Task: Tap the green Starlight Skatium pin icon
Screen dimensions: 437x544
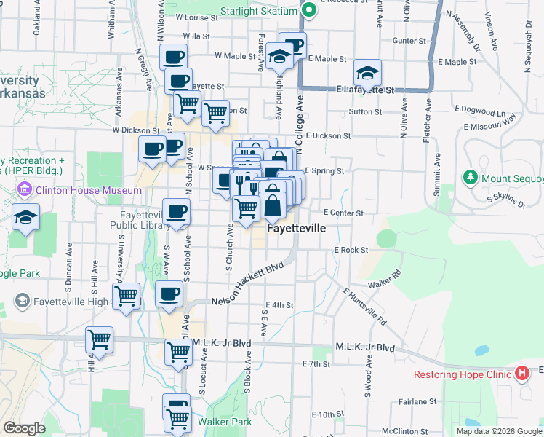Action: click(x=308, y=10)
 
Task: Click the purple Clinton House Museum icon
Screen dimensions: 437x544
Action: click(x=24, y=191)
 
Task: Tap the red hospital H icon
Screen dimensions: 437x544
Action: click(x=521, y=374)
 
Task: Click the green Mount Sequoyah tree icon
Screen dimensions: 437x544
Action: click(x=470, y=178)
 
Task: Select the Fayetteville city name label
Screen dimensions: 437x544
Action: click(x=296, y=228)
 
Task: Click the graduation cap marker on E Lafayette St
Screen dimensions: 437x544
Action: click(x=368, y=73)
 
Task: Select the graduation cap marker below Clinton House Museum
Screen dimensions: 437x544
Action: click(x=26, y=218)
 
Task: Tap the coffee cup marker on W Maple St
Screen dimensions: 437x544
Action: click(x=173, y=56)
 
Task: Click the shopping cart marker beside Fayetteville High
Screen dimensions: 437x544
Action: click(x=126, y=296)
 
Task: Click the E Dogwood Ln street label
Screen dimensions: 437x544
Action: click(x=480, y=111)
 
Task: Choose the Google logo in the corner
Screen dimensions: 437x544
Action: click(x=25, y=428)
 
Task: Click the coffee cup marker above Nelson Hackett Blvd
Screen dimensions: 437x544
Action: click(x=169, y=294)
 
